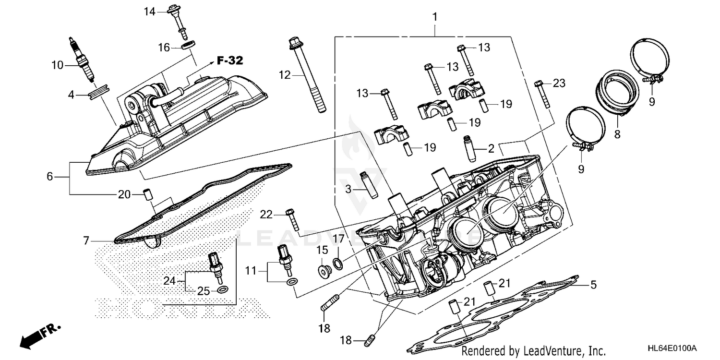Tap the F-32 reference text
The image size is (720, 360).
pos(229,60)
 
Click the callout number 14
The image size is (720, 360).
pos(150,11)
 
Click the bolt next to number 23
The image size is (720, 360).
pos(542,94)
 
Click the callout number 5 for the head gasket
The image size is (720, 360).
pos(593,285)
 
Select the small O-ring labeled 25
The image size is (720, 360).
pos(223,289)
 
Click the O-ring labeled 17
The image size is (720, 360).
pos(338,263)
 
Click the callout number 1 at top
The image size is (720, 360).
pos(435,17)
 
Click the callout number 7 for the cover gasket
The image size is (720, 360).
pos(86,240)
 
